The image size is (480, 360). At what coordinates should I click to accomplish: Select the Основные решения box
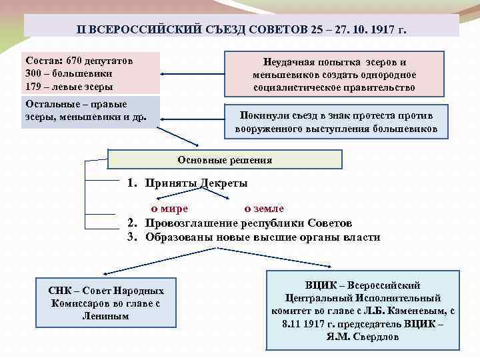225,160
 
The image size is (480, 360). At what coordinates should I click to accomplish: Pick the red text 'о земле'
264,209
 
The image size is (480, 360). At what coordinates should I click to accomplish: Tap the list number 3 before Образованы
131,237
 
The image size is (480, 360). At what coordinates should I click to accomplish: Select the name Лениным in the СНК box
106,315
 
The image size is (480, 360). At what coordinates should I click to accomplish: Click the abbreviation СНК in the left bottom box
60,291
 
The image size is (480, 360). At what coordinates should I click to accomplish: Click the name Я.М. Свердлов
362,337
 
